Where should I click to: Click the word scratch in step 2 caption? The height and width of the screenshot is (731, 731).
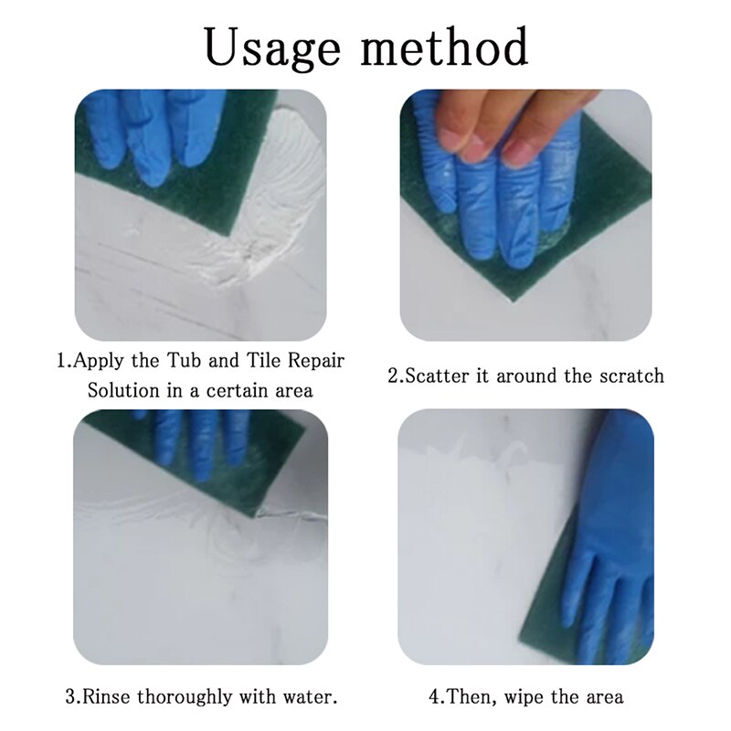click(631, 376)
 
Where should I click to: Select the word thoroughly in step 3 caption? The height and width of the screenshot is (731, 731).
click(190, 696)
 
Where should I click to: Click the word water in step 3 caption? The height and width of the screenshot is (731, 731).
click(313, 696)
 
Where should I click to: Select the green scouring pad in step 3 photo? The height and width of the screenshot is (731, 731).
click(228, 457)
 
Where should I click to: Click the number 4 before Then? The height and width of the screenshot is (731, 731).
click(434, 696)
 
